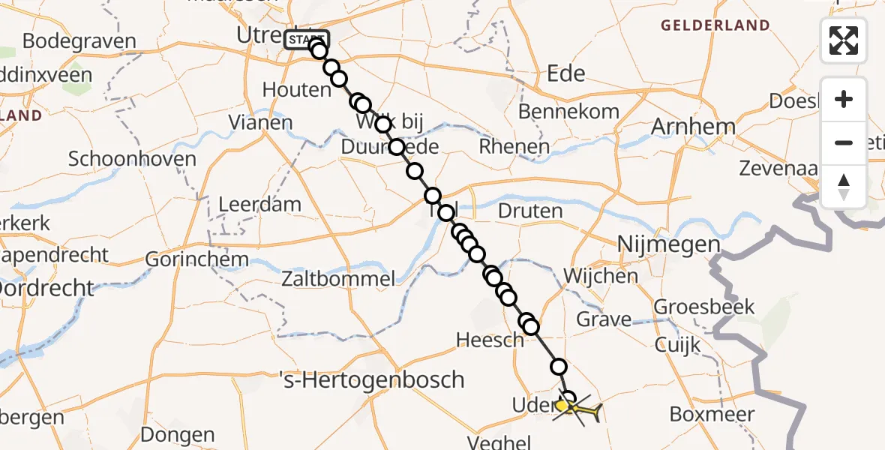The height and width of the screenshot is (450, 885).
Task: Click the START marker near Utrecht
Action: (306, 39)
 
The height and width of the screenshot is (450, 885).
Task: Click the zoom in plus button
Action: (844, 99)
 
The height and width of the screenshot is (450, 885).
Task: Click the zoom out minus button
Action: (844, 142)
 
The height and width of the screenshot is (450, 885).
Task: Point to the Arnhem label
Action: (682, 127)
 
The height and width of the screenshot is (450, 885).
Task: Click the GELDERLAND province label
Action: (715, 25)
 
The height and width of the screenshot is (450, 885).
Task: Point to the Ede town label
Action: (566, 73)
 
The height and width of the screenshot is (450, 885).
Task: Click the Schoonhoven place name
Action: (132, 159)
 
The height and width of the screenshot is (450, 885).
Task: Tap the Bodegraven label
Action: (79, 41)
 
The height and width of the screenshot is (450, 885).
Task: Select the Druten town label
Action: (530, 211)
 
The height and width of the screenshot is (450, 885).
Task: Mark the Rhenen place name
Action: (514, 146)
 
